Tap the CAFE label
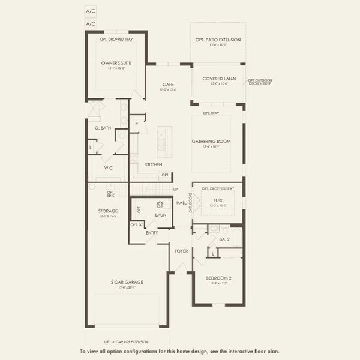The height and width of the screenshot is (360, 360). (x=167, y=85)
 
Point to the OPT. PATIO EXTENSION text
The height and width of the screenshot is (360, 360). (x=217, y=40)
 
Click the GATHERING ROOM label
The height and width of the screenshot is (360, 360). (x=211, y=142)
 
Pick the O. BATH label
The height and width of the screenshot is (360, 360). (x=103, y=128)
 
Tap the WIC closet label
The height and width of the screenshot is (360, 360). (x=109, y=168)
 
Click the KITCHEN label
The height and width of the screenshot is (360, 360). (x=154, y=164)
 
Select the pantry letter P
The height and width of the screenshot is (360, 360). (x=137, y=123)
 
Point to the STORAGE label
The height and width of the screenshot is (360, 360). (x=108, y=211)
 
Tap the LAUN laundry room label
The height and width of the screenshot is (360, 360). (x=160, y=214)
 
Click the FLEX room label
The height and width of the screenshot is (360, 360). (x=217, y=201)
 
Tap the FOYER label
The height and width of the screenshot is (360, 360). (x=182, y=251)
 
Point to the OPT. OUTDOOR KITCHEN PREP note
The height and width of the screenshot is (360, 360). (x=260, y=82)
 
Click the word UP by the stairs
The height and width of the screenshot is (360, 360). (x=175, y=190)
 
